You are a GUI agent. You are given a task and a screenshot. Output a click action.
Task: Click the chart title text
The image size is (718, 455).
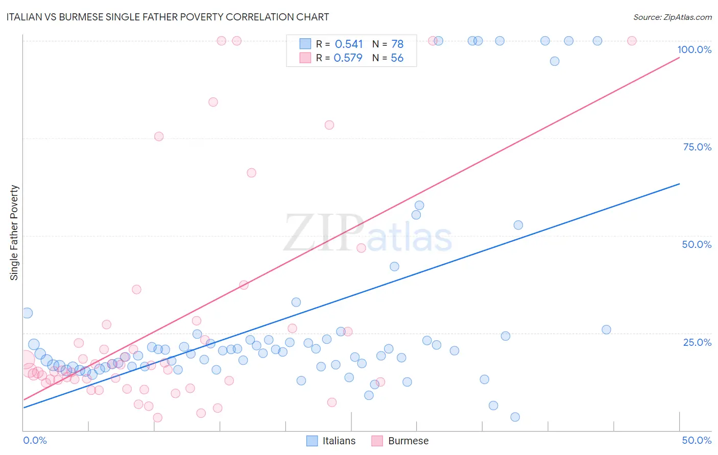(x=167, y=17)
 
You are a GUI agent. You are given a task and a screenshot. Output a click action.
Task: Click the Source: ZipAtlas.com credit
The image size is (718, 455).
(x=672, y=17)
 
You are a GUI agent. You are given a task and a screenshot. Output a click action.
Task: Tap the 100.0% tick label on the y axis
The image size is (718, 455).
(x=694, y=49)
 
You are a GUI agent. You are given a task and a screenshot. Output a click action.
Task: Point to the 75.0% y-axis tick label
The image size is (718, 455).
(x=697, y=147)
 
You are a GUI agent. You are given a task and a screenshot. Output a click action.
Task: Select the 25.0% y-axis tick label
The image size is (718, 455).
(x=697, y=342)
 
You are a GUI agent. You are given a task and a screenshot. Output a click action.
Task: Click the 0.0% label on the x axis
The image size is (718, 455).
(x=35, y=440)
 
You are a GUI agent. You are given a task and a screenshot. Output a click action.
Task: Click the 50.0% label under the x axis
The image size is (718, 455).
(x=697, y=440)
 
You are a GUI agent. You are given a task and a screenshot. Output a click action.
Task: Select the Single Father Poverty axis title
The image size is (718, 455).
(x=14, y=233)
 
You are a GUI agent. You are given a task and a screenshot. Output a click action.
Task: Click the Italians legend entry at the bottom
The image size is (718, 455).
(x=331, y=441)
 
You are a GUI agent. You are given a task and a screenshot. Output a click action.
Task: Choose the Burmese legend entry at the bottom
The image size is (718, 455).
(x=400, y=441)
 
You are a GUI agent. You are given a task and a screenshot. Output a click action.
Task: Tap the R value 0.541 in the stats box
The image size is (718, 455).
(x=349, y=44)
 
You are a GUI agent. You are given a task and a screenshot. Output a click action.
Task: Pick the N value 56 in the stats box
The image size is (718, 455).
(x=397, y=58)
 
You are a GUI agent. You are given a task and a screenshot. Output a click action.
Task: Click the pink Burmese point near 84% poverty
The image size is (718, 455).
(x=213, y=102)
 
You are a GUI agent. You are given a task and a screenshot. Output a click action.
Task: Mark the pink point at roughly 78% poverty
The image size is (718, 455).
(x=329, y=125)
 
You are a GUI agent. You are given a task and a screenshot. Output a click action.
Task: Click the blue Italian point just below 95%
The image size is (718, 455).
(x=555, y=61)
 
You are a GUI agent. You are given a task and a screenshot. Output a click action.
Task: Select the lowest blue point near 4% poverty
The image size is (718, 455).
(x=515, y=417)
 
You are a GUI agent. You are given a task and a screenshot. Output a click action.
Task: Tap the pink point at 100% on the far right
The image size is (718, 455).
(x=632, y=41)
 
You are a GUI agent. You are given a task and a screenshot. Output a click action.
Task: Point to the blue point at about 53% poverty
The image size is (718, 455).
(x=518, y=225)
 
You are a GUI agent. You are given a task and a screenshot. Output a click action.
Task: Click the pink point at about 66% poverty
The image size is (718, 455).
(x=251, y=173)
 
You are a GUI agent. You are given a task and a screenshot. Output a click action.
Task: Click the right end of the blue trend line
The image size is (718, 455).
(x=679, y=184)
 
